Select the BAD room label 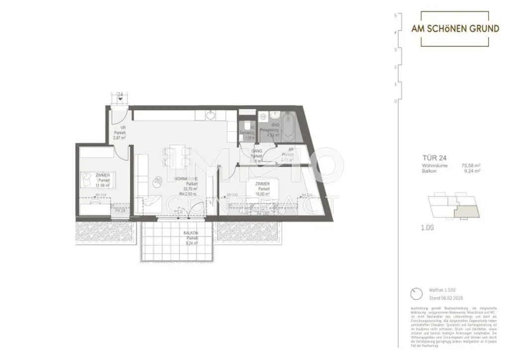pos(275,125)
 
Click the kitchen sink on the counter pos(211,115)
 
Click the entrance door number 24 pos(120,94)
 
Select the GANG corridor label pos(256,151)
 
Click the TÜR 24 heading pos(432,160)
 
